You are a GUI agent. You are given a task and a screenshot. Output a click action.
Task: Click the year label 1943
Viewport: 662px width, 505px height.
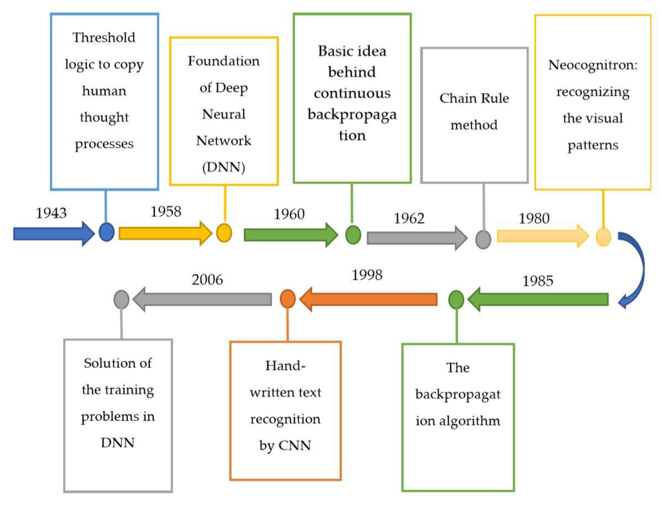click(x=51, y=213)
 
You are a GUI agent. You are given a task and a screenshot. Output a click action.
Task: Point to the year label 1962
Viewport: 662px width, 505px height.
click(x=409, y=218)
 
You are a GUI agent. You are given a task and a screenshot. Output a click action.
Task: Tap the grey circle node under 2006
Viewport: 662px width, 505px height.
click(x=121, y=299)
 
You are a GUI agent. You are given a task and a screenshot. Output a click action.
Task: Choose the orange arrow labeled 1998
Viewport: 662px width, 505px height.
click(x=369, y=299)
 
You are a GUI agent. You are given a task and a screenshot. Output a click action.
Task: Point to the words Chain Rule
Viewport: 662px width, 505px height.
click(x=474, y=99)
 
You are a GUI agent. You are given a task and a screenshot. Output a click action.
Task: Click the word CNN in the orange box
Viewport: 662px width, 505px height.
click(x=295, y=445)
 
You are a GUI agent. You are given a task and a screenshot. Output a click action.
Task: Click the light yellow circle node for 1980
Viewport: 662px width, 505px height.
click(x=603, y=237)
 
